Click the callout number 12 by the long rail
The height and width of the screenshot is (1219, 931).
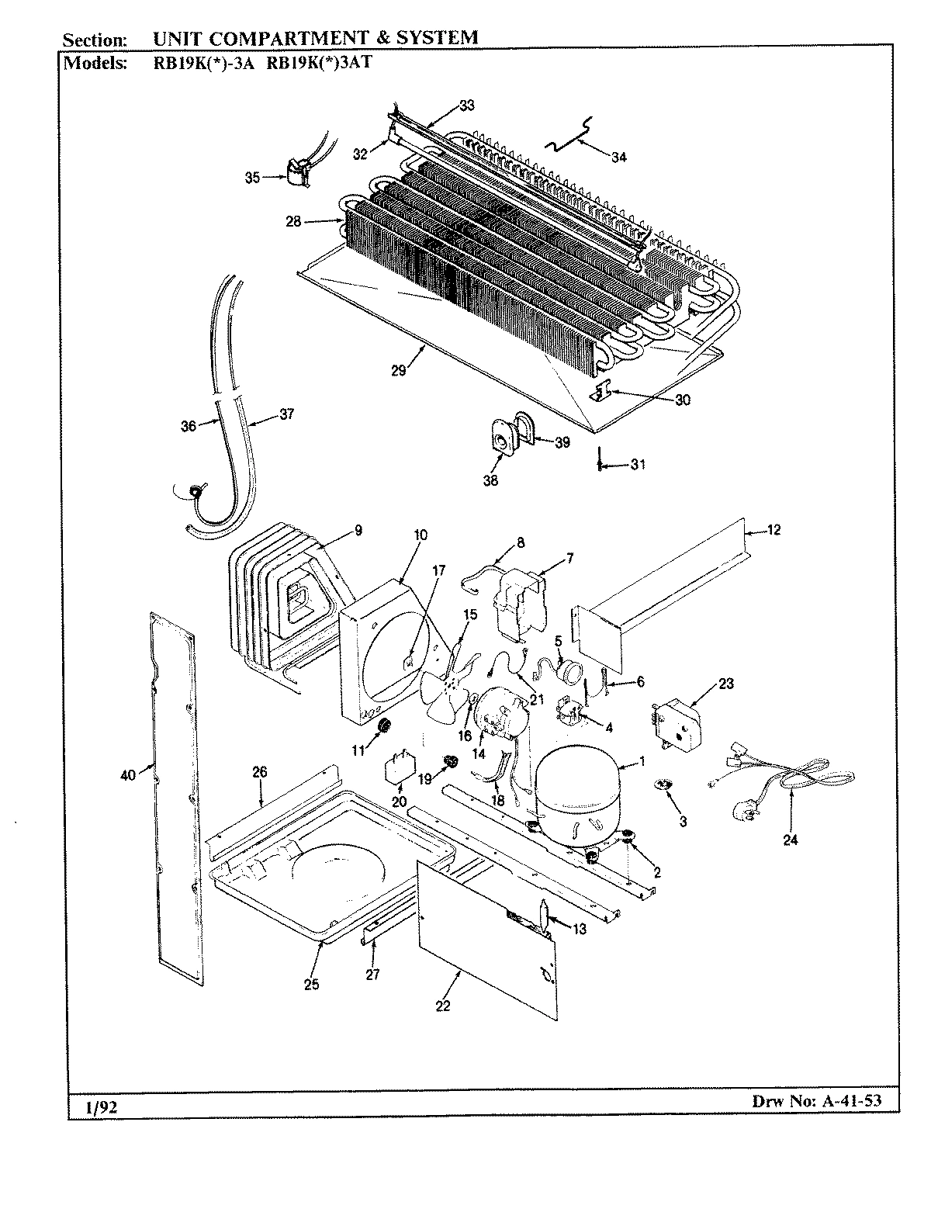pos(774,531)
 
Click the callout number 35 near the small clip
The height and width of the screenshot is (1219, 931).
pos(253,178)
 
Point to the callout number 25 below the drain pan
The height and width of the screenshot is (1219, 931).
pos(311,985)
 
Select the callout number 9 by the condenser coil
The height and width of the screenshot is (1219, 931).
pos(358,531)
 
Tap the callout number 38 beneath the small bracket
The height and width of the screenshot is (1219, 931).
pos(490,481)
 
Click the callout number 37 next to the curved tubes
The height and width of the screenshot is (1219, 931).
pos(286,414)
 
